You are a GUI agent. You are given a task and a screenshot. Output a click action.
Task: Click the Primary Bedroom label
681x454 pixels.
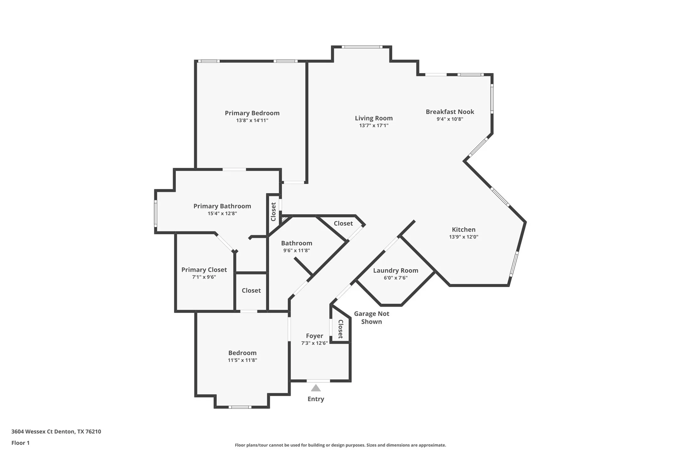pos(252,113)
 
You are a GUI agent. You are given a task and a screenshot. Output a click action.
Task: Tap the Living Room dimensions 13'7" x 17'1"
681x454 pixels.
pos(374,125)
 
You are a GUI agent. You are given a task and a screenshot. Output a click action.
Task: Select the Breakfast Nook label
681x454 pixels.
pos(450,112)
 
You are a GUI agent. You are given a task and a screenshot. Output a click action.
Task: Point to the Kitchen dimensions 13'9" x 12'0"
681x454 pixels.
pos(463,237)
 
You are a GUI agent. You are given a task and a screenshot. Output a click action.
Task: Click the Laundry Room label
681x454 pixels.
pos(395,271)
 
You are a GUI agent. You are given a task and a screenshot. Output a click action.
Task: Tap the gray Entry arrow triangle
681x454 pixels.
pos(316,388)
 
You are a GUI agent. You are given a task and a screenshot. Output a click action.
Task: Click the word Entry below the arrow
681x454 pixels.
pos(316,399)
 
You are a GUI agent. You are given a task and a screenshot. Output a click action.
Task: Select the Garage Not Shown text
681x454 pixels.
pos(372,318)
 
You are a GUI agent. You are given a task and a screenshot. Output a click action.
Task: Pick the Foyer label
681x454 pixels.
pos(314,336)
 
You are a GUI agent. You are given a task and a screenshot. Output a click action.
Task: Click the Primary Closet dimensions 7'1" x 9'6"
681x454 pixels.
pos(204,277)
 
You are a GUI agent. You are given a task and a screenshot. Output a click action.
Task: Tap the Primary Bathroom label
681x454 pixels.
pos(222,206)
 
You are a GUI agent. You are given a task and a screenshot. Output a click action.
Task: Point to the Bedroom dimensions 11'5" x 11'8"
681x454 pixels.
pos(242,360)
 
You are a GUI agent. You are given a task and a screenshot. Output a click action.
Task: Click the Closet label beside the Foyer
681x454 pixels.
pos(340,329)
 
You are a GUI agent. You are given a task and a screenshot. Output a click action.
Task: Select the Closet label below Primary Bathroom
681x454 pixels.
pos(251,291)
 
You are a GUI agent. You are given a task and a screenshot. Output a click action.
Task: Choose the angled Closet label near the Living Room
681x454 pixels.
pos(343,224)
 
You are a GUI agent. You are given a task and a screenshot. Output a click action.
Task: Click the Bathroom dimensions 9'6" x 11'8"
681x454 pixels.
pos(297,251)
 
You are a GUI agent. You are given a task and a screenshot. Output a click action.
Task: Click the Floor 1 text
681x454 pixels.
pos(20,443)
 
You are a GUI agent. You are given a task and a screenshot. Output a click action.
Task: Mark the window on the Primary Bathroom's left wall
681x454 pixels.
pos(156,214)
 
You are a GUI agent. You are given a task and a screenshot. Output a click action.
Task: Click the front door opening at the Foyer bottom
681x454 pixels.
pos(318,381)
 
